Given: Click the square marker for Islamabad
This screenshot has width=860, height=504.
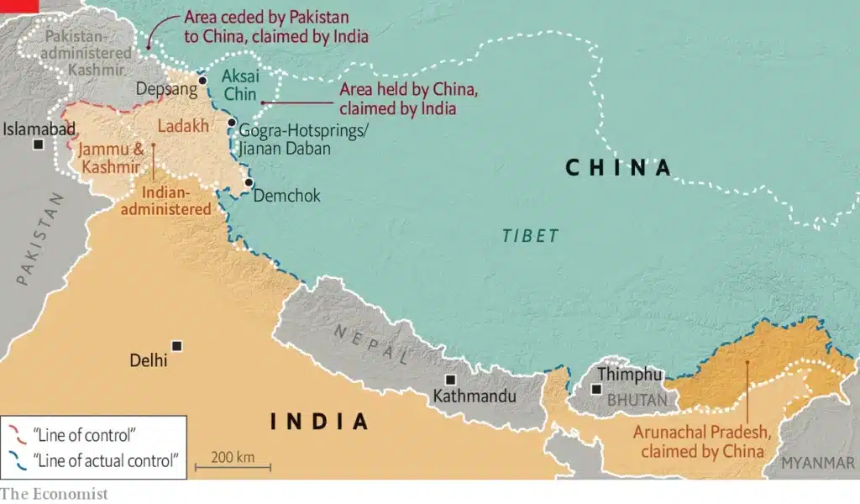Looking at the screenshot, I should [x=39, y=144].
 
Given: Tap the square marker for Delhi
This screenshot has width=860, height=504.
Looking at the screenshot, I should [x=176, y=345].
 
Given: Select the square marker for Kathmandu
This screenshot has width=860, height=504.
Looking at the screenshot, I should [x=451, y=380].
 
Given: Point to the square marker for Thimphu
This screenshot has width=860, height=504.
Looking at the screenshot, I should [x=596, y=389].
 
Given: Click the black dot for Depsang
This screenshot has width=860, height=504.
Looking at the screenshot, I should [x=202, y=81].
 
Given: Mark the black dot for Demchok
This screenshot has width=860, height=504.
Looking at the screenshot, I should [x=248, y=182].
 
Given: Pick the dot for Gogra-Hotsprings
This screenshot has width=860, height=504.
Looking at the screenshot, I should [x=232, y=123].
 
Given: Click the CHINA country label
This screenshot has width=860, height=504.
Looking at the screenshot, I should [x=619, y=167].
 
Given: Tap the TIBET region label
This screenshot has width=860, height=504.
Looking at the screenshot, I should [x=531, y=236].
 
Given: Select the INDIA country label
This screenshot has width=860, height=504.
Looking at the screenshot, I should [x=319, y=421].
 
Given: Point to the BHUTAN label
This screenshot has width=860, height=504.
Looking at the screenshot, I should [x=637, y=401].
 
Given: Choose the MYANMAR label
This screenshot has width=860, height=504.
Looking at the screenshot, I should [x=819, y=463].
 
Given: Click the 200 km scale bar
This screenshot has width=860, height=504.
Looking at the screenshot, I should [x=233, y=465].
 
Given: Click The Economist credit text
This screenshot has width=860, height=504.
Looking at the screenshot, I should [x=54, y=493].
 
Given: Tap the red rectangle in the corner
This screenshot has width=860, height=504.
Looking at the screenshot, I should [x=19, y=6].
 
